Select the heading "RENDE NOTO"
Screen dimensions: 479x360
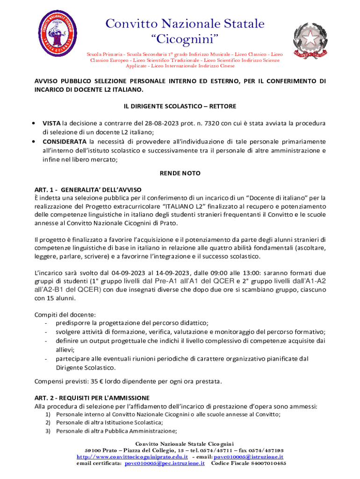[x=180, y=173]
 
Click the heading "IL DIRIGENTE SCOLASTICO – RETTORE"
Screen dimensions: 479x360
[x=180, y=106]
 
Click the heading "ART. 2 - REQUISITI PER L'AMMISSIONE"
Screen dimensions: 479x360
[x=92, y=398]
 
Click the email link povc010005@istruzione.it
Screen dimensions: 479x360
[x=248, y=457]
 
